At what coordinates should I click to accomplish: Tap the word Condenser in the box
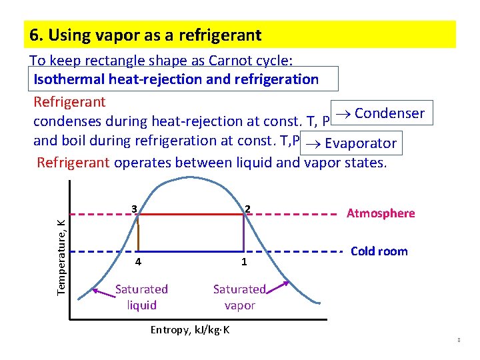click(x=389, y=113)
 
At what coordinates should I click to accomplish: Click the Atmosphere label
click(x=381, y=213)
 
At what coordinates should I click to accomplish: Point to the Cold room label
click(x=379, y=251)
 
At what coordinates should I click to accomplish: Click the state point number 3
click(x=134, y=209)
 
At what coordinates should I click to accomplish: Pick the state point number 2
click(x=247, y=209)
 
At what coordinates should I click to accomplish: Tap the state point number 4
click(x=138, y=262)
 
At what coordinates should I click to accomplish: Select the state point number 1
click(x=244, y=262)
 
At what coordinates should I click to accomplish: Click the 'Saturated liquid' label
click(x=141, y=297)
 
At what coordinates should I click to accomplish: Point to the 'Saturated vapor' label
click(x=239, y=297)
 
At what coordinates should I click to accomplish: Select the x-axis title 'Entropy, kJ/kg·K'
click(x=190, y=330)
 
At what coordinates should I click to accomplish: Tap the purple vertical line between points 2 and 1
click(x=243, y=233)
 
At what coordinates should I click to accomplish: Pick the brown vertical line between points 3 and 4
click(x=138, y=233)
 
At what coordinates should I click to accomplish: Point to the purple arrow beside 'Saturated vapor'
click(x=278, y=287)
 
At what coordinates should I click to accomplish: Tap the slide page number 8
click(x=459, y=341)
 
